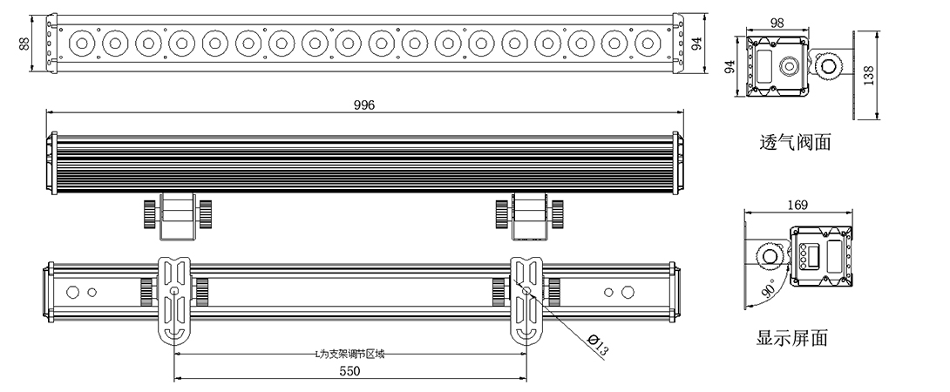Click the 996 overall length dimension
(364, 105)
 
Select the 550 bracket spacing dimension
(349, 370)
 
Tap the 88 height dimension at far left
(24, 44)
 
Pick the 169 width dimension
(797, 206)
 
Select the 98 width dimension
(777, 23)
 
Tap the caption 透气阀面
(795, 142)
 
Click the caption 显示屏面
(792, 337)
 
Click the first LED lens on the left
(82, 43)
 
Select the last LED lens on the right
(648, 43)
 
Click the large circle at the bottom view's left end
(72, 292)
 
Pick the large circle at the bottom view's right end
(628, 292)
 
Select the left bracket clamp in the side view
(178, 216)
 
